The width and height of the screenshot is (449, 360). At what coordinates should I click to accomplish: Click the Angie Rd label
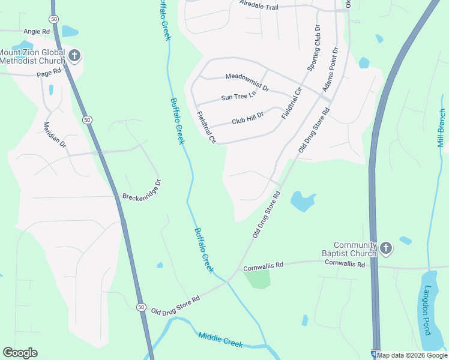point(36,31)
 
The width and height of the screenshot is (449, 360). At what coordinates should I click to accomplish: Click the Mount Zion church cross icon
point(74,56)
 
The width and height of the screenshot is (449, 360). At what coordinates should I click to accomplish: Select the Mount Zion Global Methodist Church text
point(33,56)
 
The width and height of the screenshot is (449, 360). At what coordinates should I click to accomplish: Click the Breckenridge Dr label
point(142,191)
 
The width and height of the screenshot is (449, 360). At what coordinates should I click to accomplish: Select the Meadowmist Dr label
point(247,77)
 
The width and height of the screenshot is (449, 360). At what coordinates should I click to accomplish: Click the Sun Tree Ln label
point(238,97)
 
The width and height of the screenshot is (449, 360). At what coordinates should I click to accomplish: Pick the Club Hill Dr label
point(248,119)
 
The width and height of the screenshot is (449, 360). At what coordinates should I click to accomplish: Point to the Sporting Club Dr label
point(314,49)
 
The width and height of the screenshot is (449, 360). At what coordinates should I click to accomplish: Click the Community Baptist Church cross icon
point(386,247)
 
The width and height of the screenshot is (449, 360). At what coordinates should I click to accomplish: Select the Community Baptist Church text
point(355,249)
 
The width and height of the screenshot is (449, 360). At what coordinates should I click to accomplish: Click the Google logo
point(20,353)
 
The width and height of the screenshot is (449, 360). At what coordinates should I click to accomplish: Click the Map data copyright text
point(412,355)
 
